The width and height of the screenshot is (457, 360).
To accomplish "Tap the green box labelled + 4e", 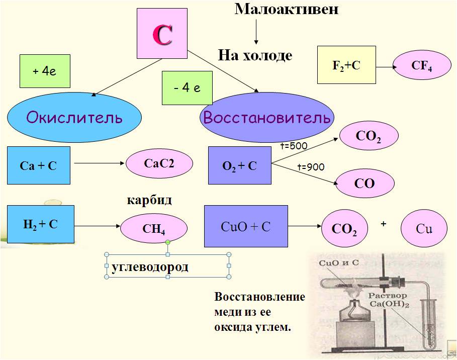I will tap(44, 71).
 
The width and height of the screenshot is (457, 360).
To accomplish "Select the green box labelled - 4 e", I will tap(187, 88).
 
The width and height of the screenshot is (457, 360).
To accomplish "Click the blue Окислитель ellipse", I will tap(74, 118).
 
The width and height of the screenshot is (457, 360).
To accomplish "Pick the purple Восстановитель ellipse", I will tap(267, 118).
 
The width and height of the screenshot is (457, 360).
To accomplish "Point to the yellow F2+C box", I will tap(346, 64).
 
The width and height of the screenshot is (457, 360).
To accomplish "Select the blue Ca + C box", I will tap(38, 165).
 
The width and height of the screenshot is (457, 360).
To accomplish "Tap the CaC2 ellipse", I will tap(159, 162).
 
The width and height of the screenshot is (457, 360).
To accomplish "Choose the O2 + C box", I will tap(239, 165).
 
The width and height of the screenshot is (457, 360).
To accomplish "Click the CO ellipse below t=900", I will tap(364, 183).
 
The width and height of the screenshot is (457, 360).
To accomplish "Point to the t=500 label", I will tap(294, 146).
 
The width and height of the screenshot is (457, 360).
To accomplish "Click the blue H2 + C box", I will tap(41, 224).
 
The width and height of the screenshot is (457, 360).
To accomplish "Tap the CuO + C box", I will tap(245, 226).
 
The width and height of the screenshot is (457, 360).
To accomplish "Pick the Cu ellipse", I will tap(424, 229).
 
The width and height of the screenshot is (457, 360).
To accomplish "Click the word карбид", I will tap(149, 200).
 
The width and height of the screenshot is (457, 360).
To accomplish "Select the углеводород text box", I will tap(167, 266).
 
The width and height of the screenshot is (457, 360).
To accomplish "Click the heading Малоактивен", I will tap(287, 9).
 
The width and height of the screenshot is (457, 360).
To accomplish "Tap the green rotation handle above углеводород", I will tap(167, 242).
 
